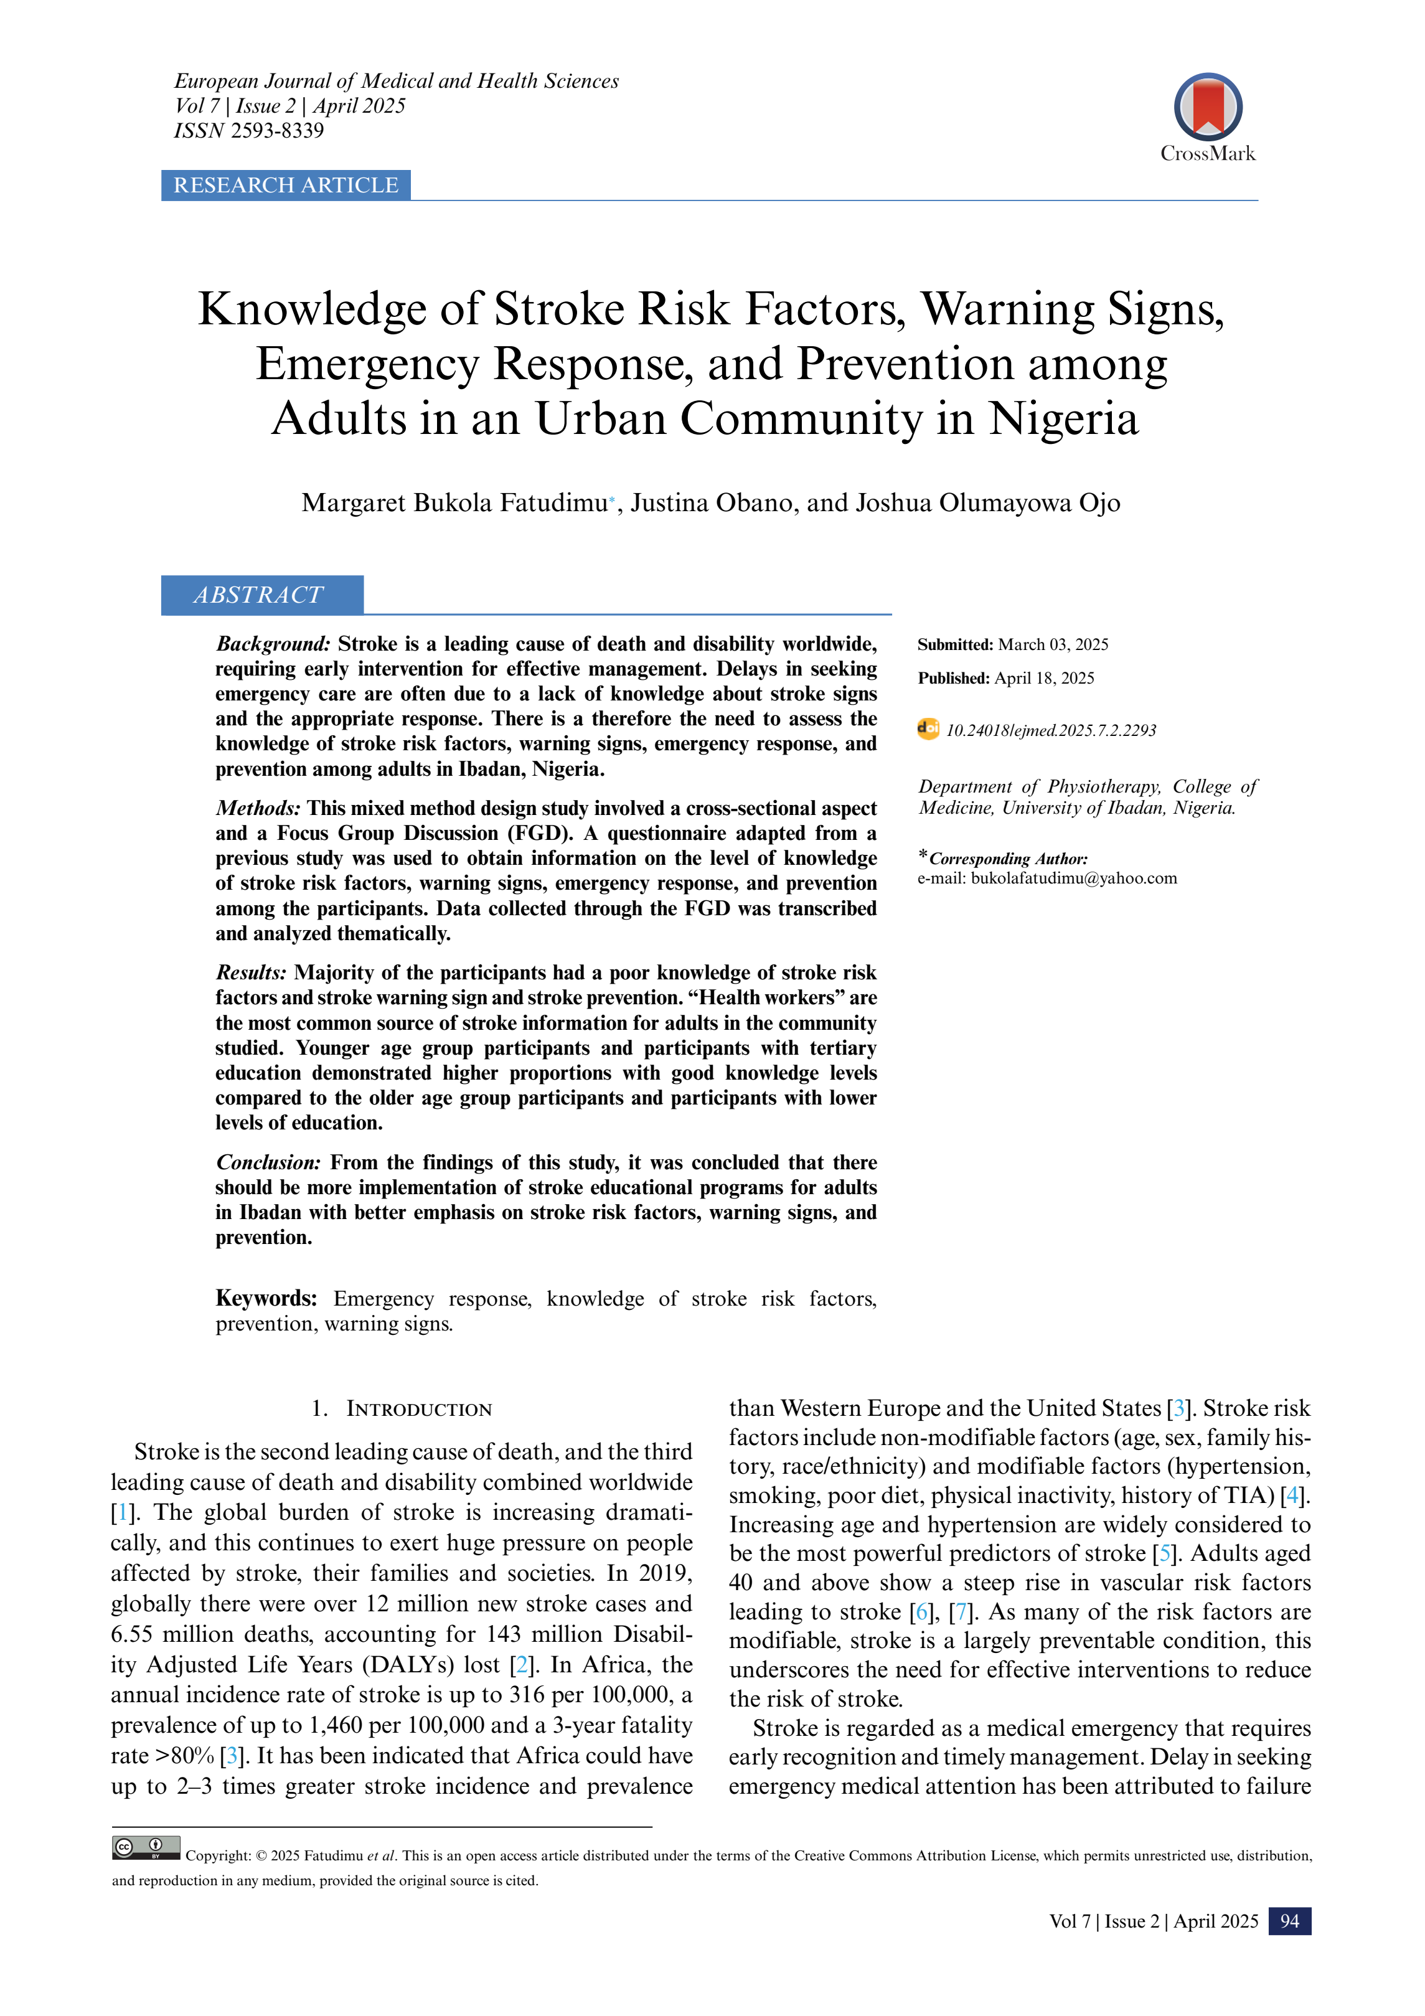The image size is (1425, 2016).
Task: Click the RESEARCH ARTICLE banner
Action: pos(285,186)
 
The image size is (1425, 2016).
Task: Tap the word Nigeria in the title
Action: pos(1063,419)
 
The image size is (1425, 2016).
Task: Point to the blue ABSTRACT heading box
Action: pos(261,595)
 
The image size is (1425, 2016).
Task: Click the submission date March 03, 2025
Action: pos(1053,644)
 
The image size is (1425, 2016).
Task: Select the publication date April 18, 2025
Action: pos(1044,678)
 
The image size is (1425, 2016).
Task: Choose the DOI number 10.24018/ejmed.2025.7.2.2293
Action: pos(1050,730)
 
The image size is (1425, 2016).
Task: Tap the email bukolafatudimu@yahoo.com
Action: pos(1073,878)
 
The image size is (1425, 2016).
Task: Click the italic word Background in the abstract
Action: pos(272,644)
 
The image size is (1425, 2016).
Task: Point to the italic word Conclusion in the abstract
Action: pos(269,1162)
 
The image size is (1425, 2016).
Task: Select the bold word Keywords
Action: pos(266,1299)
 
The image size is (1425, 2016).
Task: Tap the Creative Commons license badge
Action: pos(146,1847)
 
